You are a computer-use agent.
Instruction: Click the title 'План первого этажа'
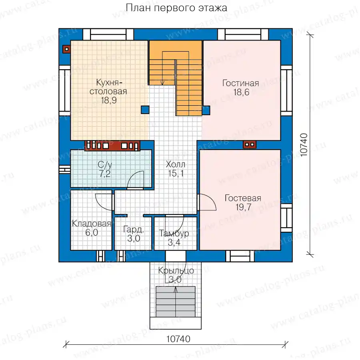coord(176,8)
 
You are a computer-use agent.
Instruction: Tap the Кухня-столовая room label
coord(108,87)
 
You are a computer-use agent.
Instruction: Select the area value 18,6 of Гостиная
coord(241,92)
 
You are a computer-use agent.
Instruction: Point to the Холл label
coord(176,164)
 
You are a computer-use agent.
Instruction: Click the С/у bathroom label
coord(105,165)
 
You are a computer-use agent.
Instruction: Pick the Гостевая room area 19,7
coord(243,207)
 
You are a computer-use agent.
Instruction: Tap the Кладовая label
coord(91,223)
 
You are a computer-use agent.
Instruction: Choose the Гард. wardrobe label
coord(134,229)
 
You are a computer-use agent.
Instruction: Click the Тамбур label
coord(174,233)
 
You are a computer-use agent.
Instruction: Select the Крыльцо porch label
coord(176,270)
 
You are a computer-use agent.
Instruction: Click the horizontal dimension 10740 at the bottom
coord(178,339)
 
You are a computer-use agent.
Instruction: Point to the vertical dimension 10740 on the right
coord(304,145)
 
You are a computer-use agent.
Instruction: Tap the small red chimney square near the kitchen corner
coord(66,49)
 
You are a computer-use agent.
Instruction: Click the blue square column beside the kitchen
coord(145,110)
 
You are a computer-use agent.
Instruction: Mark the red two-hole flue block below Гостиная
coord(250,145)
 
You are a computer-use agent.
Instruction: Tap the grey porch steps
coord(176,302)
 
